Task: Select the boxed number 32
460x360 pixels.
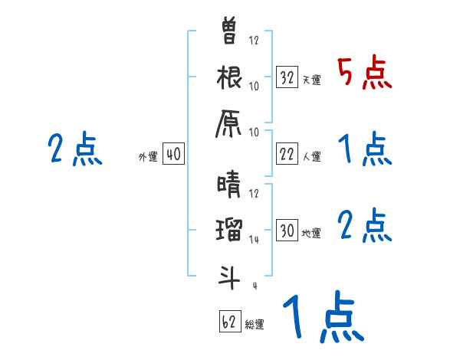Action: tap(287, 77)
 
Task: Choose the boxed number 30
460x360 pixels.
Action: tap(287, 231)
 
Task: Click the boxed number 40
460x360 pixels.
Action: tap(173, 155)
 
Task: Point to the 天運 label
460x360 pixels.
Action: tap(311, 80)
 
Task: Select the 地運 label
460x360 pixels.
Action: tap(311, 233)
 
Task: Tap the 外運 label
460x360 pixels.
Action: tap(148, 157)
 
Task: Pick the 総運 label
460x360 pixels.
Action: tap(254, 324)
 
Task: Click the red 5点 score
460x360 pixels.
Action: tap(365, 73)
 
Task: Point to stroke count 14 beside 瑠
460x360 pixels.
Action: tap(254, 239)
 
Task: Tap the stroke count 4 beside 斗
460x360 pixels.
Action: tap(254, 286)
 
